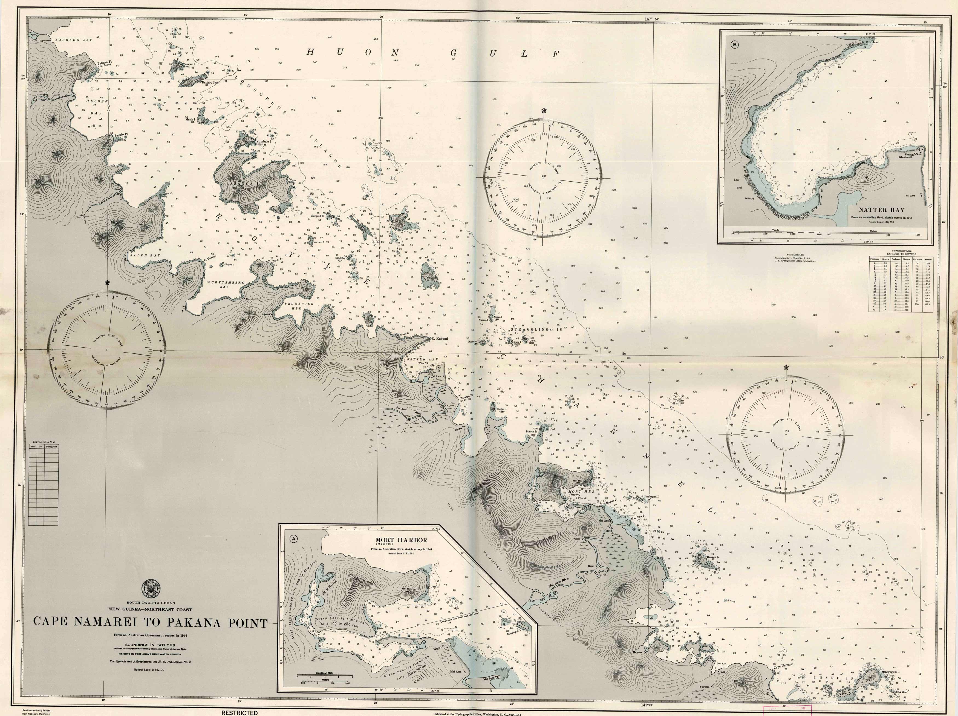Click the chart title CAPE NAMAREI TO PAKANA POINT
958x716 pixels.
[150, 622]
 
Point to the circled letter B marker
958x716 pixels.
[735, 44]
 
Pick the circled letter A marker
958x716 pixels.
[294, 539]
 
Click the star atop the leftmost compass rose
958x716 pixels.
[107, 283]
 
